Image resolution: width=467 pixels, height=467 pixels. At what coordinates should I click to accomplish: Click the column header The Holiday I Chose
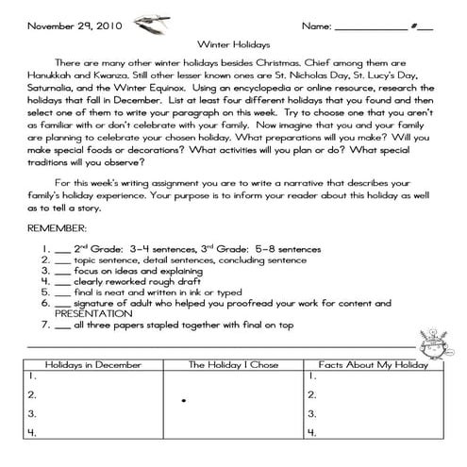click(x=233, y=364)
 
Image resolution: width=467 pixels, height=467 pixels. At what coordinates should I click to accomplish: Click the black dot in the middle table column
click(x=183, y=401)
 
